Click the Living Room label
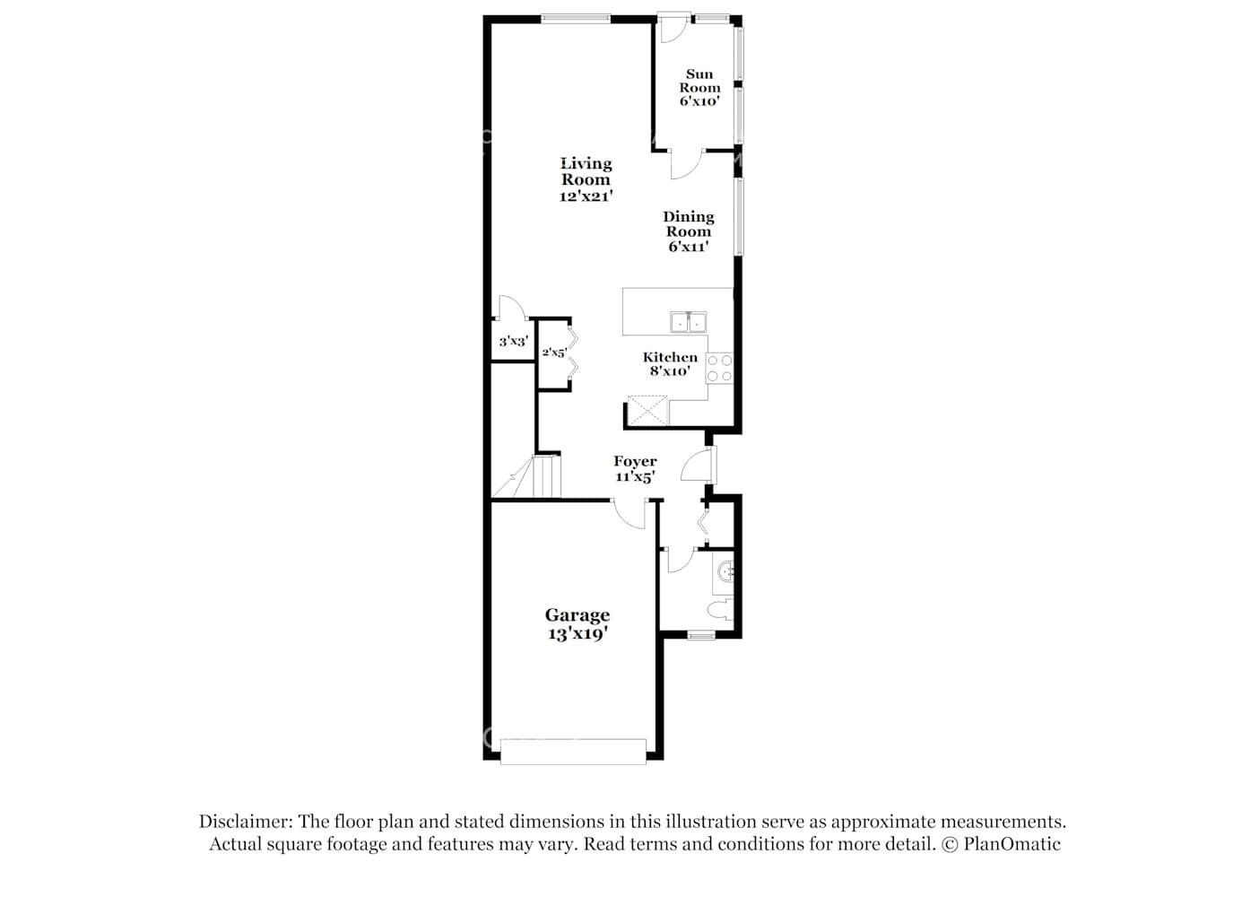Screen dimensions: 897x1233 586,179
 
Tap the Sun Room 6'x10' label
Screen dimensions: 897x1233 699,88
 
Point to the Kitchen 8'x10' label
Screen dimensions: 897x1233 670,363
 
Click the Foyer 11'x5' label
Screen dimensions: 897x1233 635,469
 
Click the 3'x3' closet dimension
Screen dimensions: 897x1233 513,341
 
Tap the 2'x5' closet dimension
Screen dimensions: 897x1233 553,353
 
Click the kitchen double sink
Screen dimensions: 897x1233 688,322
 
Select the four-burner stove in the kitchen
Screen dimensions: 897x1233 719,368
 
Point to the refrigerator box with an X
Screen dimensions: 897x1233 647,410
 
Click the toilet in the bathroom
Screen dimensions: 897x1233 721,612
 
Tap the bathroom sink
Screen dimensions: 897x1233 726,570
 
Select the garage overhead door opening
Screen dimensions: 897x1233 573,752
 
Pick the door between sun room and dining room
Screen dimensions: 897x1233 686,164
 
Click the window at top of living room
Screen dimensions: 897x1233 576,18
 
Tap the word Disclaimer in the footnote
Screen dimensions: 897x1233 245,822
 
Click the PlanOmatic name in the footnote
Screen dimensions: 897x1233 1012,844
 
